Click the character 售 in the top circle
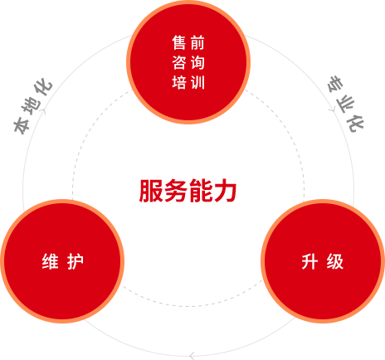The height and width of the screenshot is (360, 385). [x=179, y=43]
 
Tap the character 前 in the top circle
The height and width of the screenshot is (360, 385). [x=197, y=43]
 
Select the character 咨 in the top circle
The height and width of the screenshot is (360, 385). [x=179, y=62]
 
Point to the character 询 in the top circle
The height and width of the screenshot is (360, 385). [x=197, y=62]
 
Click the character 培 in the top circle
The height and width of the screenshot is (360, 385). [x=179, y=82]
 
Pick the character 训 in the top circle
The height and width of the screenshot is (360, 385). [x=197, y=82]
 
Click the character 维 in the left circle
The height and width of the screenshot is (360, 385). [x=51, y=261]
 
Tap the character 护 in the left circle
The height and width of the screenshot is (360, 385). [x=76, y=261]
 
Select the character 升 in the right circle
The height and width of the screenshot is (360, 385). [x=309, y=261]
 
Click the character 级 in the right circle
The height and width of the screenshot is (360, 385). [x=335, y=261]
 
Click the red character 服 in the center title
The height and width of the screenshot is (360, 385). [x=151, y=191]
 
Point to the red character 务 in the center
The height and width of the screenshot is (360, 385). [x=175, y=191]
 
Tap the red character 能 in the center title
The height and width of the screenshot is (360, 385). [x=200, y=191]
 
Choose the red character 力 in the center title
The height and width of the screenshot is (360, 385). [x=225, y=191]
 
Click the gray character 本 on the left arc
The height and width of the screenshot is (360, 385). [x=22, y=125]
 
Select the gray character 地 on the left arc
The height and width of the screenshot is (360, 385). [x=32, y=106]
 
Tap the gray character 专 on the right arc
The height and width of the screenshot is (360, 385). [x=335, y=84]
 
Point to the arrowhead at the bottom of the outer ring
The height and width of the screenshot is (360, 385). [x=192, y=356]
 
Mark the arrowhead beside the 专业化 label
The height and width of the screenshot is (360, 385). [x=332, y=110]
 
